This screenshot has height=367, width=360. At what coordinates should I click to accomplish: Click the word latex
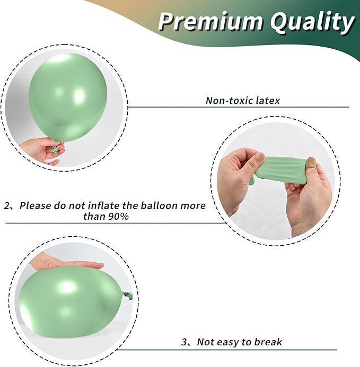click(266, 100)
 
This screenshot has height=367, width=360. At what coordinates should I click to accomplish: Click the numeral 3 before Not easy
click(184, 342)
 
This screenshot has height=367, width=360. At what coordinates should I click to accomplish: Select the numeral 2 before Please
click(7, 205)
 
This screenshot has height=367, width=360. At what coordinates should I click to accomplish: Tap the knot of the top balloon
click(55, 148)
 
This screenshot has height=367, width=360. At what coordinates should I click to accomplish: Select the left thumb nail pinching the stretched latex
click(259, 158)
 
